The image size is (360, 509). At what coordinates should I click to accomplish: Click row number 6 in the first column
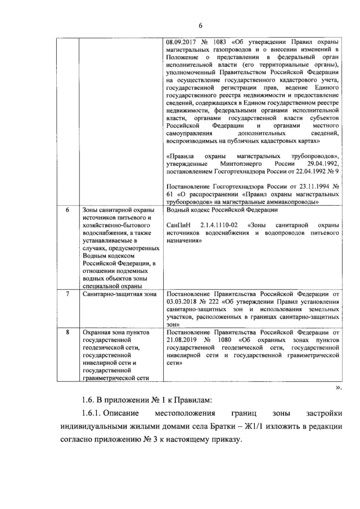(67, 210)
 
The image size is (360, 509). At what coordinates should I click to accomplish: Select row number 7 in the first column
(67, 294)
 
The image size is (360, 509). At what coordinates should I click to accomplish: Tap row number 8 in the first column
(67, 332)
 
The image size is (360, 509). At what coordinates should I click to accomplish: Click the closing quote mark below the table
(338, 388)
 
